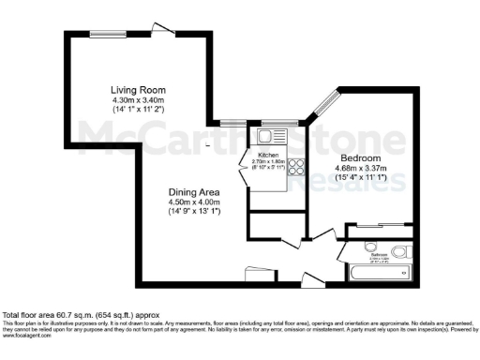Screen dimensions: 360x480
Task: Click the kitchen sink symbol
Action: coord(256,139)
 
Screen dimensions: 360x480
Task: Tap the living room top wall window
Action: coord(104,35)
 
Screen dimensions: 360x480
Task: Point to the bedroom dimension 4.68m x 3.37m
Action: coord(361,170)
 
